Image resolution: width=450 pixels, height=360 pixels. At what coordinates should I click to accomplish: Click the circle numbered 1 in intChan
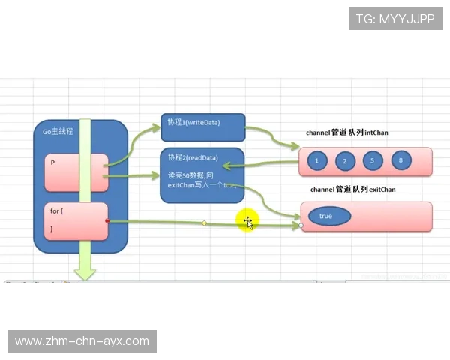point(317,160)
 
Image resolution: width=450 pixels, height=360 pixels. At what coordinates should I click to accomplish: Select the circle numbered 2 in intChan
point(345,160)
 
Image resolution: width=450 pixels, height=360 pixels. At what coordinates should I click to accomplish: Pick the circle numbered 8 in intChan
point(401,160)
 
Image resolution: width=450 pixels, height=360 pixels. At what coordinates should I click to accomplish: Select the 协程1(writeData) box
point(202,128)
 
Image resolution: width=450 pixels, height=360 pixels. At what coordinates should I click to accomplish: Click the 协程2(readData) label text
point(193,158)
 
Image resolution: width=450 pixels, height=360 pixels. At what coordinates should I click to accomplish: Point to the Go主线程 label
point(58,132)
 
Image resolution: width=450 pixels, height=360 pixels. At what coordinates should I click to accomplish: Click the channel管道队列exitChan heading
point(352,190)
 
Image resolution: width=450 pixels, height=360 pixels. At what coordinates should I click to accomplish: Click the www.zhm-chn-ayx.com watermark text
point(82,341)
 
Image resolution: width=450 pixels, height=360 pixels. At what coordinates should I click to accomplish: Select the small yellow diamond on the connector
point(204,223)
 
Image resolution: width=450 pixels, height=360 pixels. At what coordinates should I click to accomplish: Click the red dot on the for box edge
point(108,221)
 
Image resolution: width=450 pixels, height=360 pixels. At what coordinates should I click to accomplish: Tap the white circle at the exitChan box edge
point(301,224)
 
